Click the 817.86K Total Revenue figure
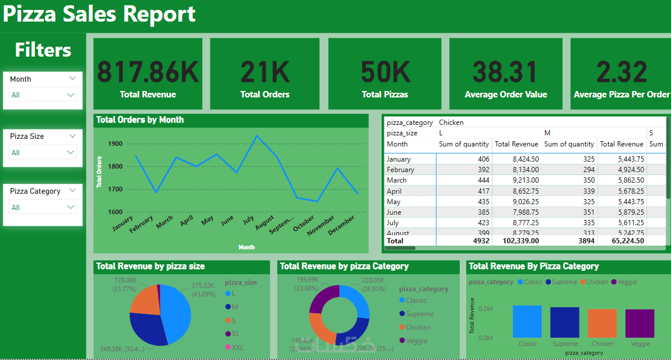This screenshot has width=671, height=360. coord(148,72)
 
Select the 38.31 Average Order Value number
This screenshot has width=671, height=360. coord(505,72)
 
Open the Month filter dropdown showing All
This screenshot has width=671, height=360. coord(43,95)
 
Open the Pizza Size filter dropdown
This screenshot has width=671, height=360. coord(43,152)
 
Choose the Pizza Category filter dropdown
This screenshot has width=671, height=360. coord(43,207)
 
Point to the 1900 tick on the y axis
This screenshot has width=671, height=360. coord(115,144)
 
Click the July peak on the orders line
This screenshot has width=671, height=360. coord(256,136)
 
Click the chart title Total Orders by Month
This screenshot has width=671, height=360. coord(140,120)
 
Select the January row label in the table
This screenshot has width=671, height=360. coord(399,159)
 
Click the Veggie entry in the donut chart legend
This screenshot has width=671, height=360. coord(417,341)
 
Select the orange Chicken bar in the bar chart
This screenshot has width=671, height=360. coord(603,323)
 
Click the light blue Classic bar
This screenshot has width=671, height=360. coord(527,321)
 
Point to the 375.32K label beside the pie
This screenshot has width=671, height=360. coord(204,286)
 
